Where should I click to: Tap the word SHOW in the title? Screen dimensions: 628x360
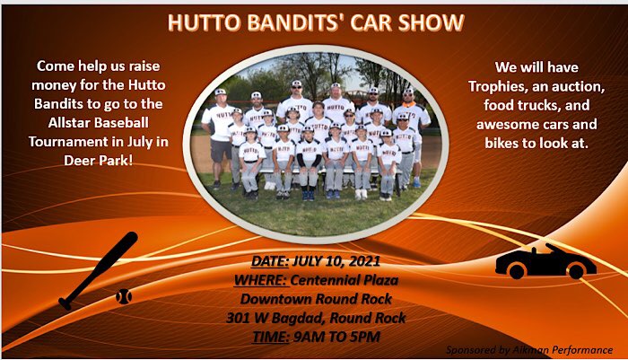tap(431, 22)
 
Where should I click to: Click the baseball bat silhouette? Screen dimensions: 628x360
tap(98, 271)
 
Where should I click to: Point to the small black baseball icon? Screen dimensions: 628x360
tap(124, 296)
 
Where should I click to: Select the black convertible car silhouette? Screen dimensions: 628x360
tap(545, 262)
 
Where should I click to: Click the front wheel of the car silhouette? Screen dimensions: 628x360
tap(517, 270)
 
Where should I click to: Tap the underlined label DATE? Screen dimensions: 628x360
tap(270, 261)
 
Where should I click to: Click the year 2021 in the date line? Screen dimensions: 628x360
tap(363, 261)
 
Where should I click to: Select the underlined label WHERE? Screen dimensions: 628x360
tap(262, 280)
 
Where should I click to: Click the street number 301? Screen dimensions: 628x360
tap(235, 318)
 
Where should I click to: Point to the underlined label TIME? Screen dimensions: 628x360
tap(270, 338)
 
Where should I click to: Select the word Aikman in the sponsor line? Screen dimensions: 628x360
tap(530, 350)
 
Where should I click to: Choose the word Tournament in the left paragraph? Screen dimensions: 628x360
tap(68, 142)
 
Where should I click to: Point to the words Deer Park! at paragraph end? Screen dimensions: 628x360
tap(98, 161)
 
